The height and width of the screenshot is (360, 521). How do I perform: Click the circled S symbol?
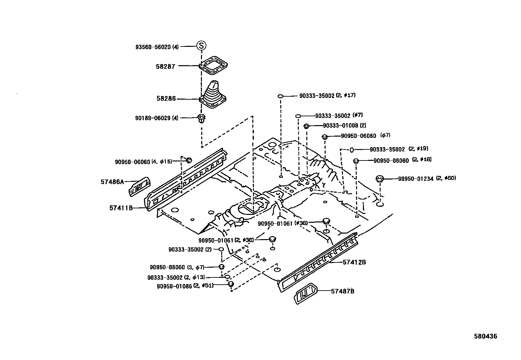click(x=201, y=46)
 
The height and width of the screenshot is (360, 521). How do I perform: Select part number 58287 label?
click(x=165, y=66)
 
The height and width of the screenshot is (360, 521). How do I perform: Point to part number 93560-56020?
click(x=153, y=47)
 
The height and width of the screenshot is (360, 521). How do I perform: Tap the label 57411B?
click(x=121, y=207)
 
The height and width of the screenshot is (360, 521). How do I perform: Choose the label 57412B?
click(x=354, y=262)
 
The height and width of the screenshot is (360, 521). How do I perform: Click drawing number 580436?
click(x=486, y=336)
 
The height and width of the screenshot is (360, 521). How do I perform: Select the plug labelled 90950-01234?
click(x=380, y=179)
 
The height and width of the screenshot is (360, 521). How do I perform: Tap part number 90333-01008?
click(x=340, y=125)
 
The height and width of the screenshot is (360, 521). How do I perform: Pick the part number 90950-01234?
click(x=416, y=179)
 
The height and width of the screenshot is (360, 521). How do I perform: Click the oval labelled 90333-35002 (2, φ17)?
click(x=280, y=96)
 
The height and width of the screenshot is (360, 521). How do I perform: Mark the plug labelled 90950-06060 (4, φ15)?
click(x=189, y=160)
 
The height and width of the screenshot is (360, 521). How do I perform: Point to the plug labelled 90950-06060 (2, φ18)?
click(x=357, y=161)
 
